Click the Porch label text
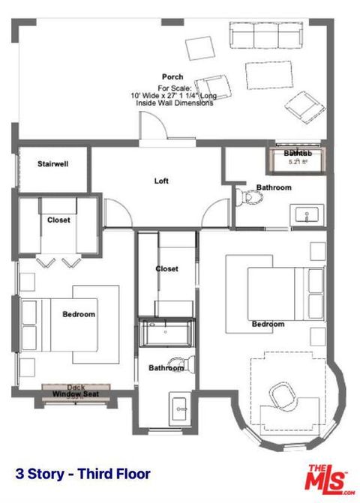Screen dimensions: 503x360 172,77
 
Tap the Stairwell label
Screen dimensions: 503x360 53,163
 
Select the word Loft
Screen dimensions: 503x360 161,181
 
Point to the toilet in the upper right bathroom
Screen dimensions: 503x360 250,197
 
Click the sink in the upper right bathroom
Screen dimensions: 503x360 308,216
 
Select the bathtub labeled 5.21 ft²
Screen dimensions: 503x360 298,159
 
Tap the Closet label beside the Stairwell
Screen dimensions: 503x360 58,220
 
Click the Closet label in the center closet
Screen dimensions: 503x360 166,268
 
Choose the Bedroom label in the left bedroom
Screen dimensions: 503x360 78,314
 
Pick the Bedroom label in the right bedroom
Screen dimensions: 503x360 268,324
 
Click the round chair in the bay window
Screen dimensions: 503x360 283,392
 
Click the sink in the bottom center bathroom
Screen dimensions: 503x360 180,409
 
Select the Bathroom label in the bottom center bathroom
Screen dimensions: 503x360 166,368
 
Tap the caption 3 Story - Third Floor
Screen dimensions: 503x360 82,474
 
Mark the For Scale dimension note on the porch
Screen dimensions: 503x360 172,96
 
